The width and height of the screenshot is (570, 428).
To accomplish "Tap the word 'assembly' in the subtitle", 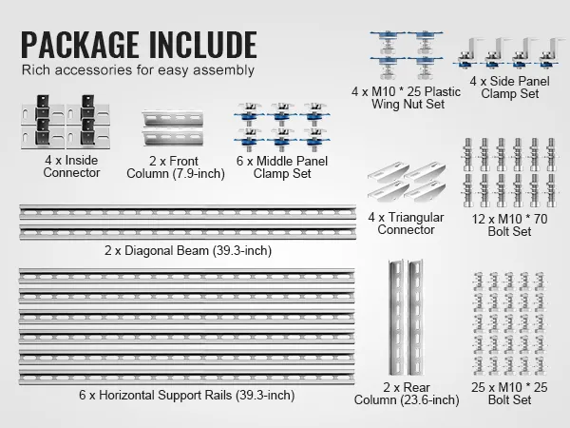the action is [223, 70].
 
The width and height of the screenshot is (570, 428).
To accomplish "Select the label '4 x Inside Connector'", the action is [71, 166].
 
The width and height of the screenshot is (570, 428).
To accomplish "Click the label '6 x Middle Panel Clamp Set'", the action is [282, 167].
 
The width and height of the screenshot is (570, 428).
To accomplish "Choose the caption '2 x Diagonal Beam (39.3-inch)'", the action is [188, 250].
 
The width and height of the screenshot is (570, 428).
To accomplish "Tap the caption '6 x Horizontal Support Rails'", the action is [155, 395].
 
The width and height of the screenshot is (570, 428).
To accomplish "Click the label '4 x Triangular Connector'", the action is [406, 224].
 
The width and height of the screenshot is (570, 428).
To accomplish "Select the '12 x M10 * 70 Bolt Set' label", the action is [509, 224].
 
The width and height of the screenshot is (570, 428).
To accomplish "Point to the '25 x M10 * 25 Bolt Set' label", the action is [509, 394].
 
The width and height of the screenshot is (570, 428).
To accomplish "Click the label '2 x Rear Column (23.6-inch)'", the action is [407, 394].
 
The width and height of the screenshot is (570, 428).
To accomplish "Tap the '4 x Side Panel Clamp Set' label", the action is [509, 88].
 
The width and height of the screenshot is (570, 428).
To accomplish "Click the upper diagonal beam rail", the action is [187, 212].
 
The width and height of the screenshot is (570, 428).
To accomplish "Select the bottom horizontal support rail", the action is [186, 379].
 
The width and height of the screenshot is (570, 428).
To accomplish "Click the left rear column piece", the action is [396, 318].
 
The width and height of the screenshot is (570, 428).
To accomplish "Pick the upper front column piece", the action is [173, 118].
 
